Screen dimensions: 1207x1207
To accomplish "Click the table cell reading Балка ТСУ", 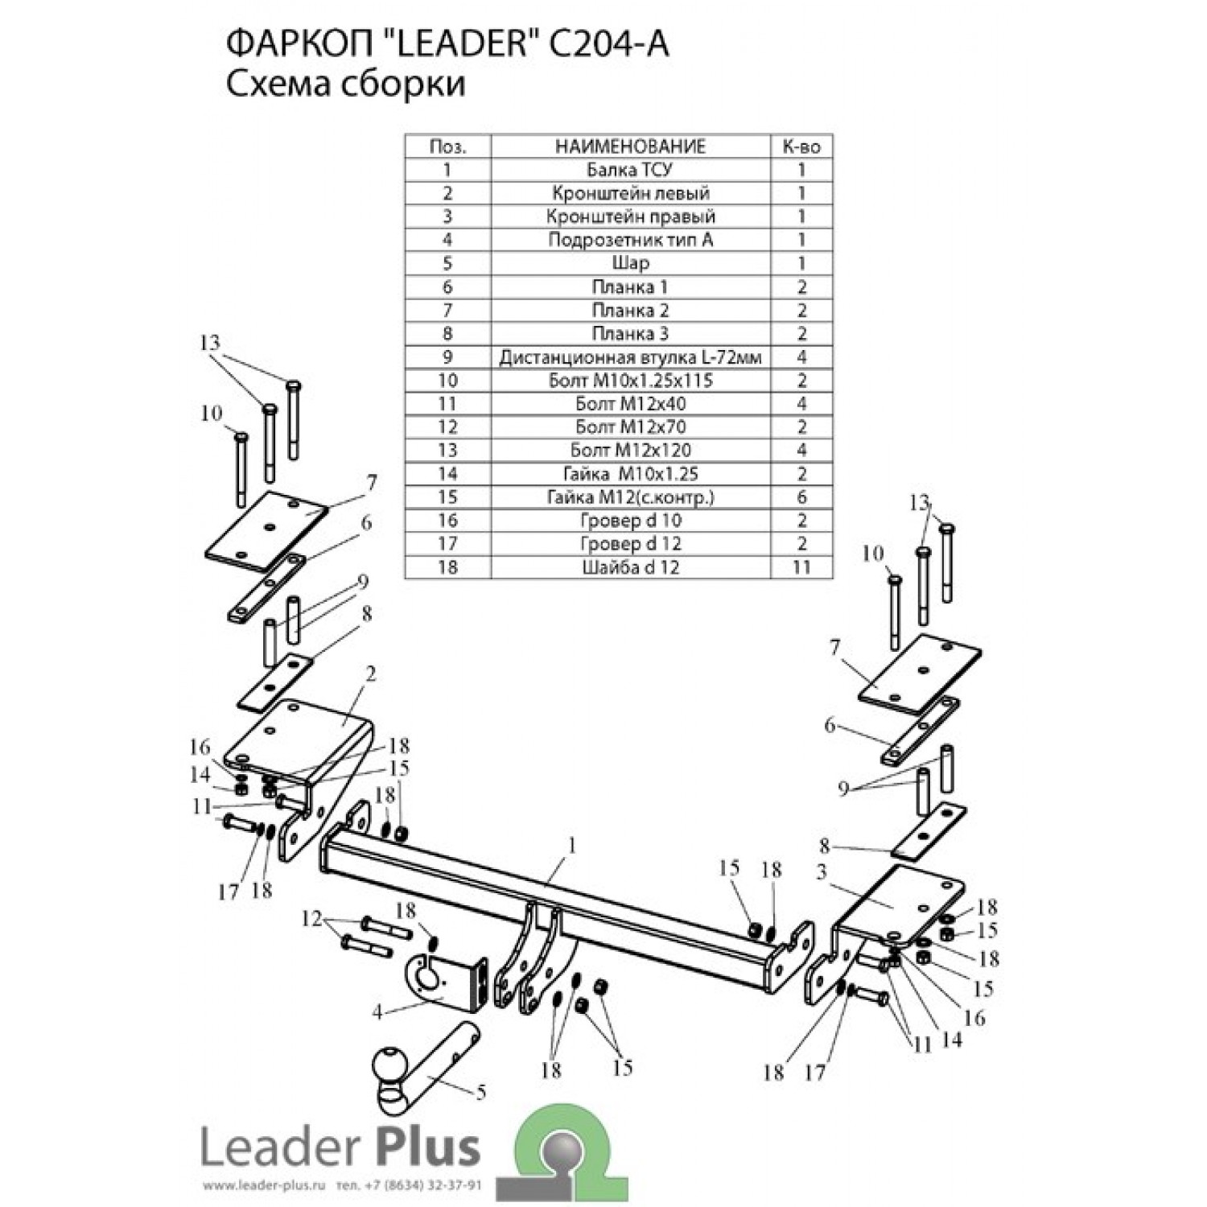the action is click(630, 170).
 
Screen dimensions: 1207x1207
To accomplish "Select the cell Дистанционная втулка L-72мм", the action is click(630, 357).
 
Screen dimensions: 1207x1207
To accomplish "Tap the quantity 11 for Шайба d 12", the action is click(801, 567).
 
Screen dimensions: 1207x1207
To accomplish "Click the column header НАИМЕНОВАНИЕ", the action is click(630, 146).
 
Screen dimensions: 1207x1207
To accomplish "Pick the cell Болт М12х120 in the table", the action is click(630, 451).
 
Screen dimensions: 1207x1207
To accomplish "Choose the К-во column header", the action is click(801, 146).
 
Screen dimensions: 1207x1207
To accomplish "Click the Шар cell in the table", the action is click(630, 263).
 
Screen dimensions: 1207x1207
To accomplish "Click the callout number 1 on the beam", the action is click(572, 846).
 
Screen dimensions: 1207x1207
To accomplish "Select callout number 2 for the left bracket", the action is click(370, 674).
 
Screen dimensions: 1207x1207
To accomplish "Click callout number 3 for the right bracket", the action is click(821, 874).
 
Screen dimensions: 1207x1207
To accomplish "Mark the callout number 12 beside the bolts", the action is click(311, 919).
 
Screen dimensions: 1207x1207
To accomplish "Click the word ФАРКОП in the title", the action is click(284, 46).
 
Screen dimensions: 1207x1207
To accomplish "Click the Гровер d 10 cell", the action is click(630, 521).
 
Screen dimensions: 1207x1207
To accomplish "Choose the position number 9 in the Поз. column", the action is click(447, 357).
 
